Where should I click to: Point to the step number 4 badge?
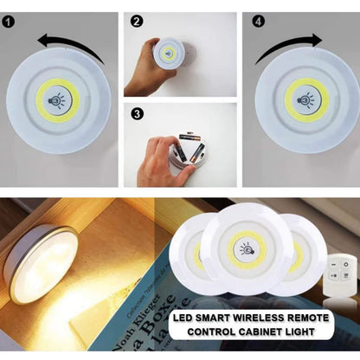[259, 20]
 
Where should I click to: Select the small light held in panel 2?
[167, 54]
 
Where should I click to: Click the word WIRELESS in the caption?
[260, 318]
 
